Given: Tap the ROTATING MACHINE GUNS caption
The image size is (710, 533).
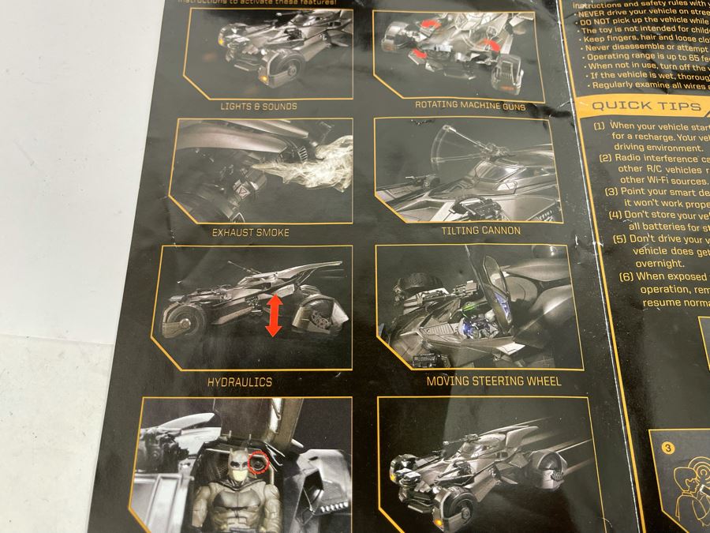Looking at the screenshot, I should (x=470, y=106).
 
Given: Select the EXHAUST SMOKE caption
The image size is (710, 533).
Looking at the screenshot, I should (x=250, y=233).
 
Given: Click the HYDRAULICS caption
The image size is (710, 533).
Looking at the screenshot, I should (x=239, y=382).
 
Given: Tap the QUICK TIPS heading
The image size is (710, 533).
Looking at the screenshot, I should (x=636, y=107).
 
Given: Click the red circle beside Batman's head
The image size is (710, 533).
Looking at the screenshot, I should (x=258, y=460).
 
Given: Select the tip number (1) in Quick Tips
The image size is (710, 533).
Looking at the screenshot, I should (x=600, y=126).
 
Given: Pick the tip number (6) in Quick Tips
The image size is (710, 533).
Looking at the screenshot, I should (x=626, y=276).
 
